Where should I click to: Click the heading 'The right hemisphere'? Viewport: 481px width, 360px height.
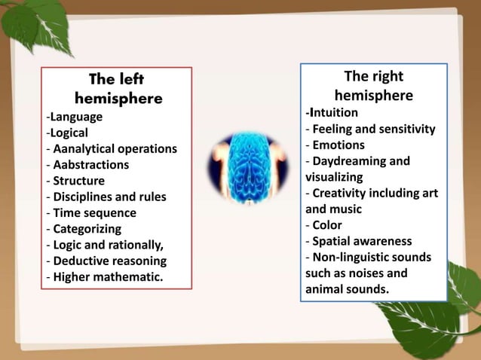coord(373,86)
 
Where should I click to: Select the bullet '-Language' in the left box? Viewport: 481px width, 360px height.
coord(74,117)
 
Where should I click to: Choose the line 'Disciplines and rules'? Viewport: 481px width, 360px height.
coord(109,197)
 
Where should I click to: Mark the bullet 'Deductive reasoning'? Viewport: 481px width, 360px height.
coord(109,261)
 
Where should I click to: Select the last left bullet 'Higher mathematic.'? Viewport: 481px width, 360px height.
coord(107,277)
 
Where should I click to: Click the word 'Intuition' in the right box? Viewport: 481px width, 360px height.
coord(333,113)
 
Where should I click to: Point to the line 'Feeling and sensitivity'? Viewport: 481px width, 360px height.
coord(373,129)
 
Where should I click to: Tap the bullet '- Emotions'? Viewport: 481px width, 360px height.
coord(335,145)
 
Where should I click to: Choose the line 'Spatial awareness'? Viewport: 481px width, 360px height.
coord(362,241)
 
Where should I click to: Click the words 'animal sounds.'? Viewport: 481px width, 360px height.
coord(347,288)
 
